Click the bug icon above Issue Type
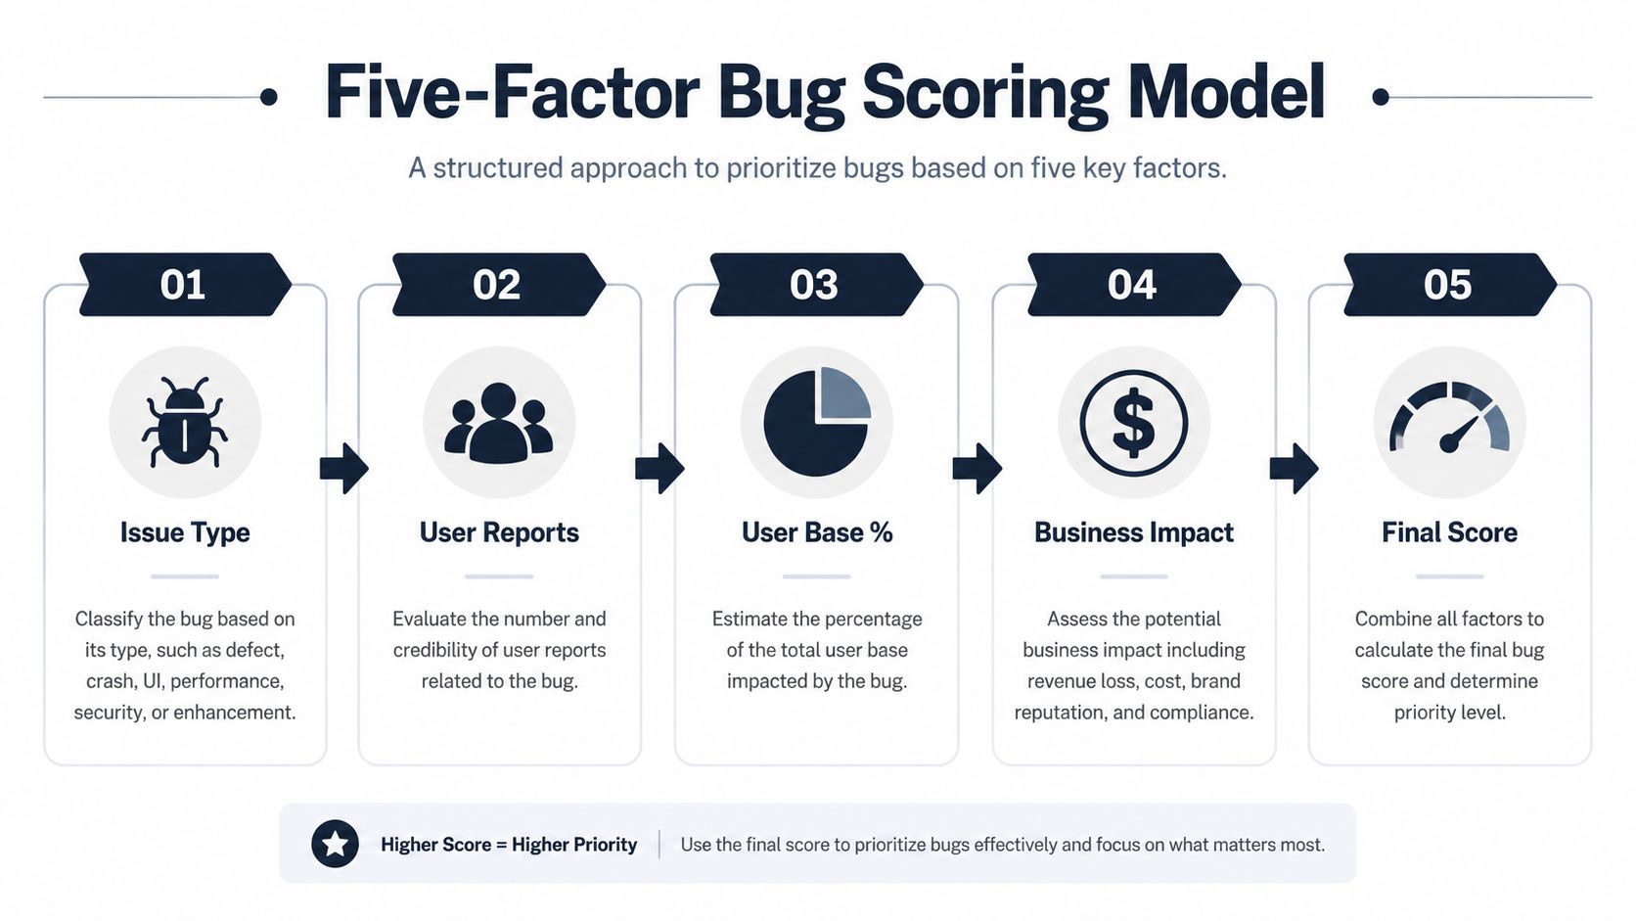pos(185,422)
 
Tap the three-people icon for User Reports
pos(499,423)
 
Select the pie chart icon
pos(817,422)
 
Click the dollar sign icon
pos(1133,423)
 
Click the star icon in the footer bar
pos(335,844)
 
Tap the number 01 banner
pos(185,285)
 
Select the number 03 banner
pos(816,285)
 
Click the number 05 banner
pos(1450,285)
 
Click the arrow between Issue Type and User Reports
pos(344,468)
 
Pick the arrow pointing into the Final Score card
pos(1295,468)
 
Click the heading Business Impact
pos(1133,532)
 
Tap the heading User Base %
pos(817,532)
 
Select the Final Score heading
pos(1450,532)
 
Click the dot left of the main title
pos(269,97)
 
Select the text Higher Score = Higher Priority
pos(509,845)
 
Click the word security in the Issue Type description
pos(108,713)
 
